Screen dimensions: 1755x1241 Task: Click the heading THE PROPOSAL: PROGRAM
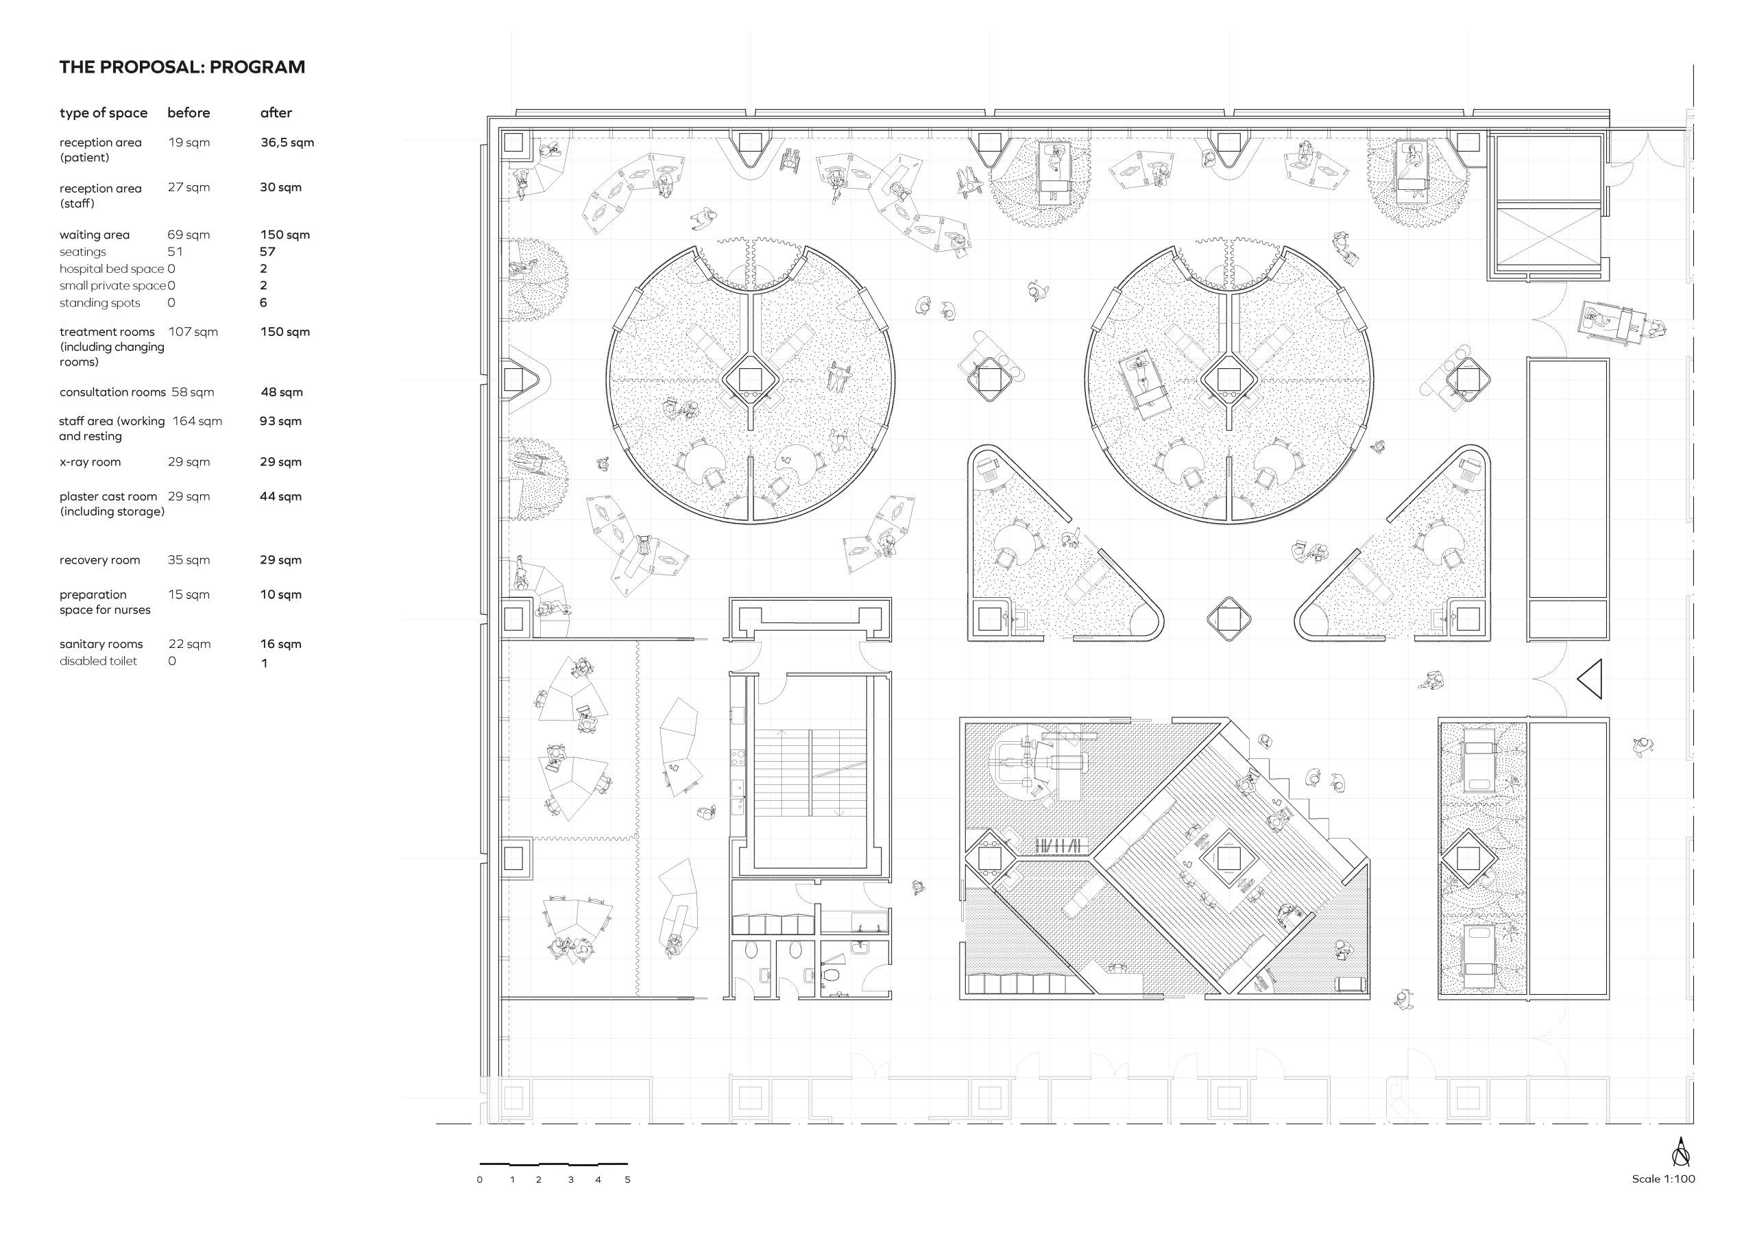pos(182,67)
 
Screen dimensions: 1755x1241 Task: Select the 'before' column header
pos(189,112)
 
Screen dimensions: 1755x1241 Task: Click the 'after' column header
pos(276,112)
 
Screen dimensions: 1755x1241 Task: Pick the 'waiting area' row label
pos(95,234)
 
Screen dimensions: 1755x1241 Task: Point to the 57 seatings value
pos(267,252)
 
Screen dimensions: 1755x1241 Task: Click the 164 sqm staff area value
pos(197,421)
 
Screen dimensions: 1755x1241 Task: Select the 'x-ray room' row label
pos(90,462)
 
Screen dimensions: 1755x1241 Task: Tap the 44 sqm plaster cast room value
pos(280,496)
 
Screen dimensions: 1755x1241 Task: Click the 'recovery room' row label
pos(100,559)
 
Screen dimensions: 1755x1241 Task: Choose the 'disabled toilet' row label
pos(99,661)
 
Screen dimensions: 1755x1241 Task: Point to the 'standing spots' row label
pos(100,303)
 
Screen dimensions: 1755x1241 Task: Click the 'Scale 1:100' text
pos(1663,1179)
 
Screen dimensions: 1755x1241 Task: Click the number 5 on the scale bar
pos(627,1180)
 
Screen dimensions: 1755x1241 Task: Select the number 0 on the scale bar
pos(480,1180)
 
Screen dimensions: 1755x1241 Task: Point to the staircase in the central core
pos(812,774)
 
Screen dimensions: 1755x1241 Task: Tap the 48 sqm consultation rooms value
pos(281,392)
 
